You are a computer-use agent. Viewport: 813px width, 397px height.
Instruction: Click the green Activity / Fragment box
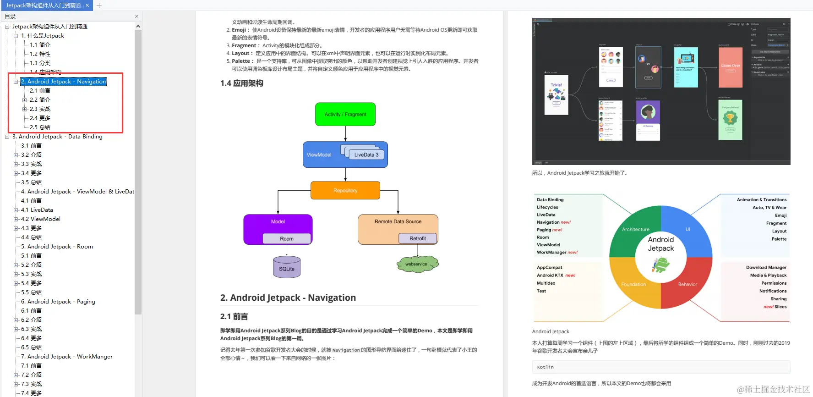345,114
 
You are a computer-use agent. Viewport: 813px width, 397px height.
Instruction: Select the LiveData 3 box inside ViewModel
366,155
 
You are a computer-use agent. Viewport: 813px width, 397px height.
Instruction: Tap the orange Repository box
345,190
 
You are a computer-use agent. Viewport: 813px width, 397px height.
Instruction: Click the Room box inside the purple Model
287,239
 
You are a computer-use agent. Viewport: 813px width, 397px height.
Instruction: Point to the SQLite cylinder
287,268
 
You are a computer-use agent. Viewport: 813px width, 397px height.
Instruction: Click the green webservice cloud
416,264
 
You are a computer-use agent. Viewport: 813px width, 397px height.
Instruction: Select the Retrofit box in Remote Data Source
417,238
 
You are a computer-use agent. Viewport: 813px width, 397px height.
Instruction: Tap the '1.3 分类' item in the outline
40,63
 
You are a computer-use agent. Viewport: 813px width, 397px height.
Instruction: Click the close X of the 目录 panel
136,16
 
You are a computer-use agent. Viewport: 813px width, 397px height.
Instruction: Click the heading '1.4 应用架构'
242,83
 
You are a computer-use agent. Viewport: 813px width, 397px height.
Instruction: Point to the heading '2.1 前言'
234,316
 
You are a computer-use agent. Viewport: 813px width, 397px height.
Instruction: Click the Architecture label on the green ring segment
635,229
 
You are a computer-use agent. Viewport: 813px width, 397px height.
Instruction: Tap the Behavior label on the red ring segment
688,284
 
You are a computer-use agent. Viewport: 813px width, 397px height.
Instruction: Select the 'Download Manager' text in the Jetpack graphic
766,267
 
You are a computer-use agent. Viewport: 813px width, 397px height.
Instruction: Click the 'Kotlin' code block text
545,367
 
